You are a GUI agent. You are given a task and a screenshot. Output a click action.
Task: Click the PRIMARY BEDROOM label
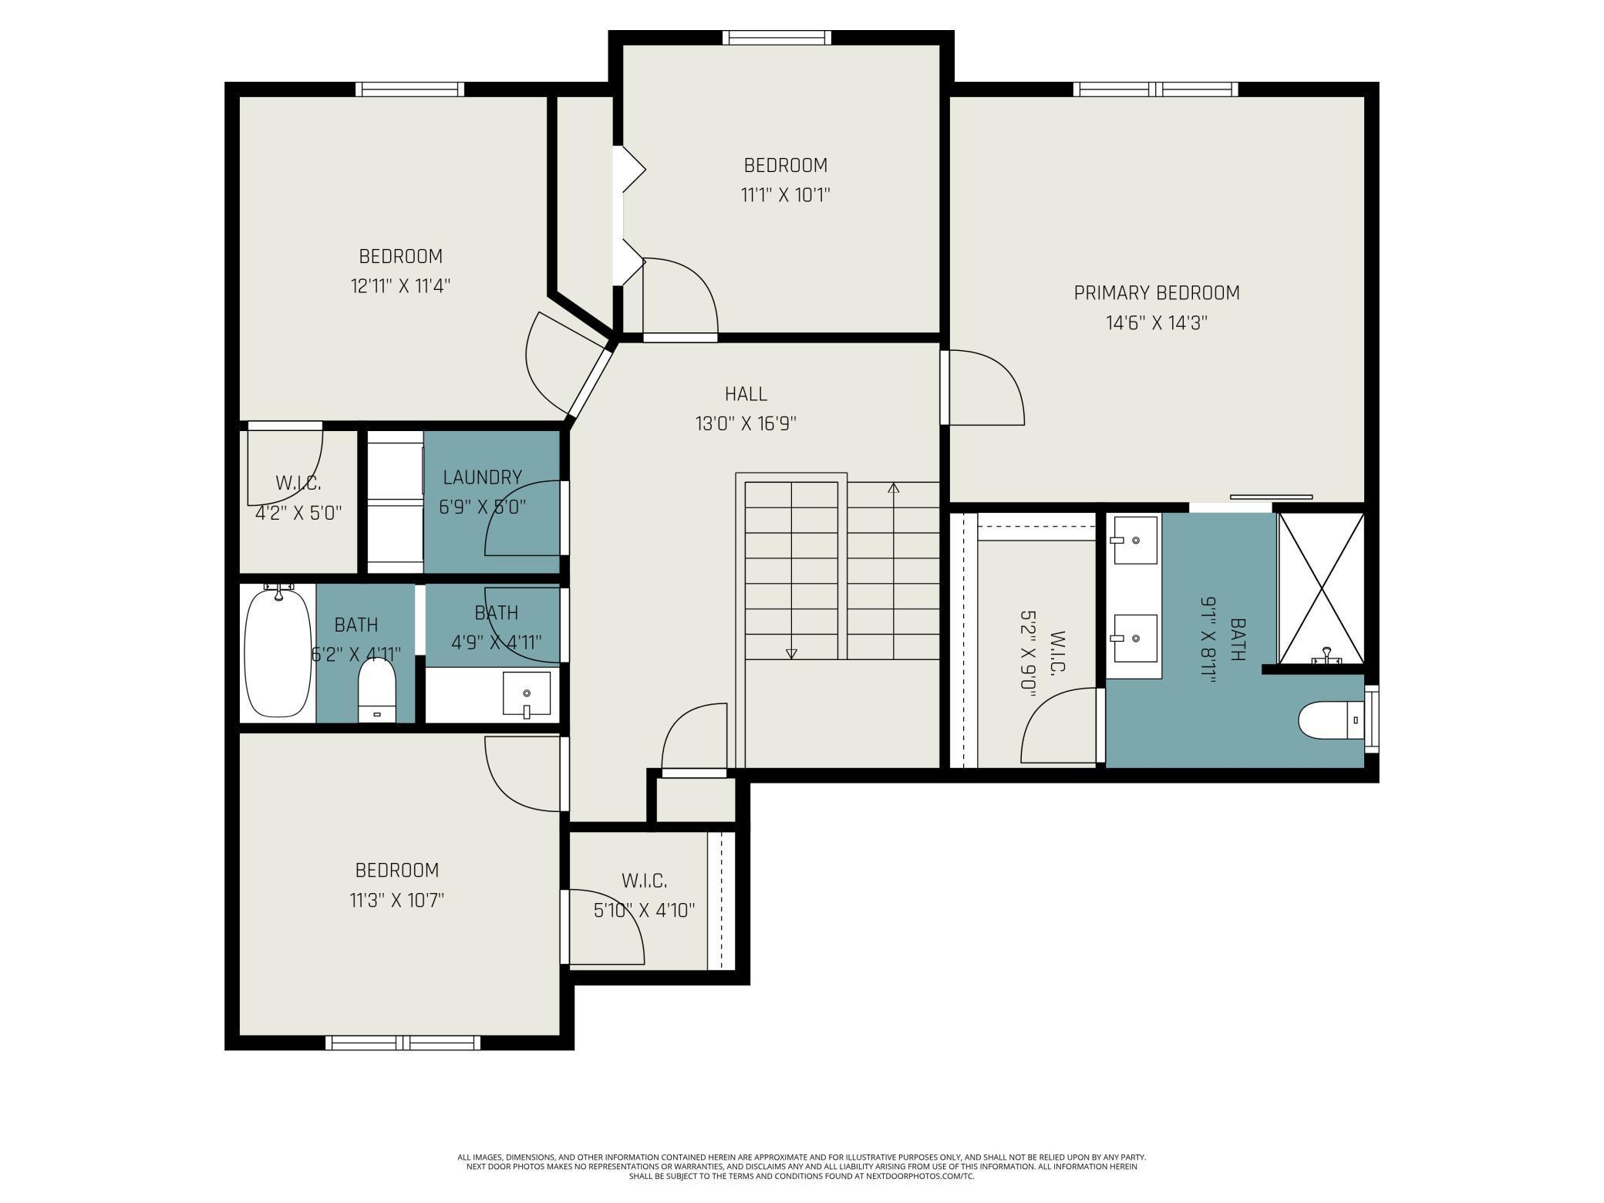[1157, 293]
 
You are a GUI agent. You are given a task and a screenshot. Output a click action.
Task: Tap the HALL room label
[746, 394]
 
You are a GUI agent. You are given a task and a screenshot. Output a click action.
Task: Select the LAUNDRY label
[483, 477]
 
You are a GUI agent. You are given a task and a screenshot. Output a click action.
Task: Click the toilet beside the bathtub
[377, 692]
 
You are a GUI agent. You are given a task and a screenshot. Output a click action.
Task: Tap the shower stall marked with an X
[1321, 588]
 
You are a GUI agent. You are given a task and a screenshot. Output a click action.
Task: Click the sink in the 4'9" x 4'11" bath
[527, 694]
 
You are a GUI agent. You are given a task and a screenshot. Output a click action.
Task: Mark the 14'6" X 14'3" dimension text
[1157, 323]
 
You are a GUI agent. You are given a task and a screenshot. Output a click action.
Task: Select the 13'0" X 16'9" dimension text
[746, 423]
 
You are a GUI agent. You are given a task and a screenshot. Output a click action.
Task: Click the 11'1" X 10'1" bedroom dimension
[786, 194]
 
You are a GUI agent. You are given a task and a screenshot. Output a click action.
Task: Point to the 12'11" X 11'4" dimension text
[400, 286]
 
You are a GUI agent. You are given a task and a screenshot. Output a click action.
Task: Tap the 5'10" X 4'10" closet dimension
[644, 911]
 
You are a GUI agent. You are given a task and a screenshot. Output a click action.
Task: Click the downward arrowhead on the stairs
[791, 654]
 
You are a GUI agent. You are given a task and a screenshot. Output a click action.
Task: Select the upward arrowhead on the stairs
[894, 487]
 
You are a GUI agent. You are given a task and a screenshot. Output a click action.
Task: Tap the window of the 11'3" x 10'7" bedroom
[403, 1043]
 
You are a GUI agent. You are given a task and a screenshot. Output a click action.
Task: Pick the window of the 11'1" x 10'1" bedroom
[777, 37]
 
